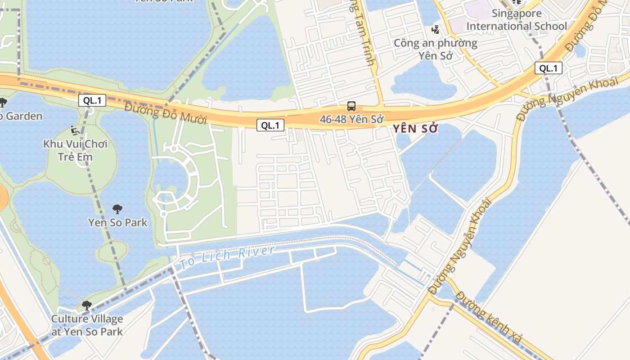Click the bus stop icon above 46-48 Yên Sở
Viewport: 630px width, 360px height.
click(x=351, y=106)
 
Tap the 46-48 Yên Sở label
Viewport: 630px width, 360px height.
click(x=351, y=119)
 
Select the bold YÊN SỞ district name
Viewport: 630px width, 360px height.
click(x=415, y=129)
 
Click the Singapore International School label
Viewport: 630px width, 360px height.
click(x=517, y=20)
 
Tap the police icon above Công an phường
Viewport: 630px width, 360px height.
click(x=435, y=30)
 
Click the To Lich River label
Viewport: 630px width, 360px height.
click(x=227, y=257)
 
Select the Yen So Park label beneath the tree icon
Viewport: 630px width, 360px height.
click(x=117, y=222)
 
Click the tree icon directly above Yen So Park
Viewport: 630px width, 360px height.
click(x=117, y=209)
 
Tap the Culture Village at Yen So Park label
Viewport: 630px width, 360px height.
click(x=87, y=325)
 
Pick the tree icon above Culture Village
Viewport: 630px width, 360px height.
click(x=87, y=306)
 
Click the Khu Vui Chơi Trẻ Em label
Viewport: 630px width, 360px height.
click(x=76, y=150)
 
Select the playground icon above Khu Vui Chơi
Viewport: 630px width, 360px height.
click(x=76, y=130)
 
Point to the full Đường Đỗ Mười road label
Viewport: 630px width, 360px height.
click(x=166, y=113)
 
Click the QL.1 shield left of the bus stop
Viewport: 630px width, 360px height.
click(x=270, y=126)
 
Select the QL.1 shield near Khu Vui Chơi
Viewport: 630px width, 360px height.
click(x=92, y=100)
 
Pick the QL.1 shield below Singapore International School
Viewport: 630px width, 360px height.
click(x=549, y=68)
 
